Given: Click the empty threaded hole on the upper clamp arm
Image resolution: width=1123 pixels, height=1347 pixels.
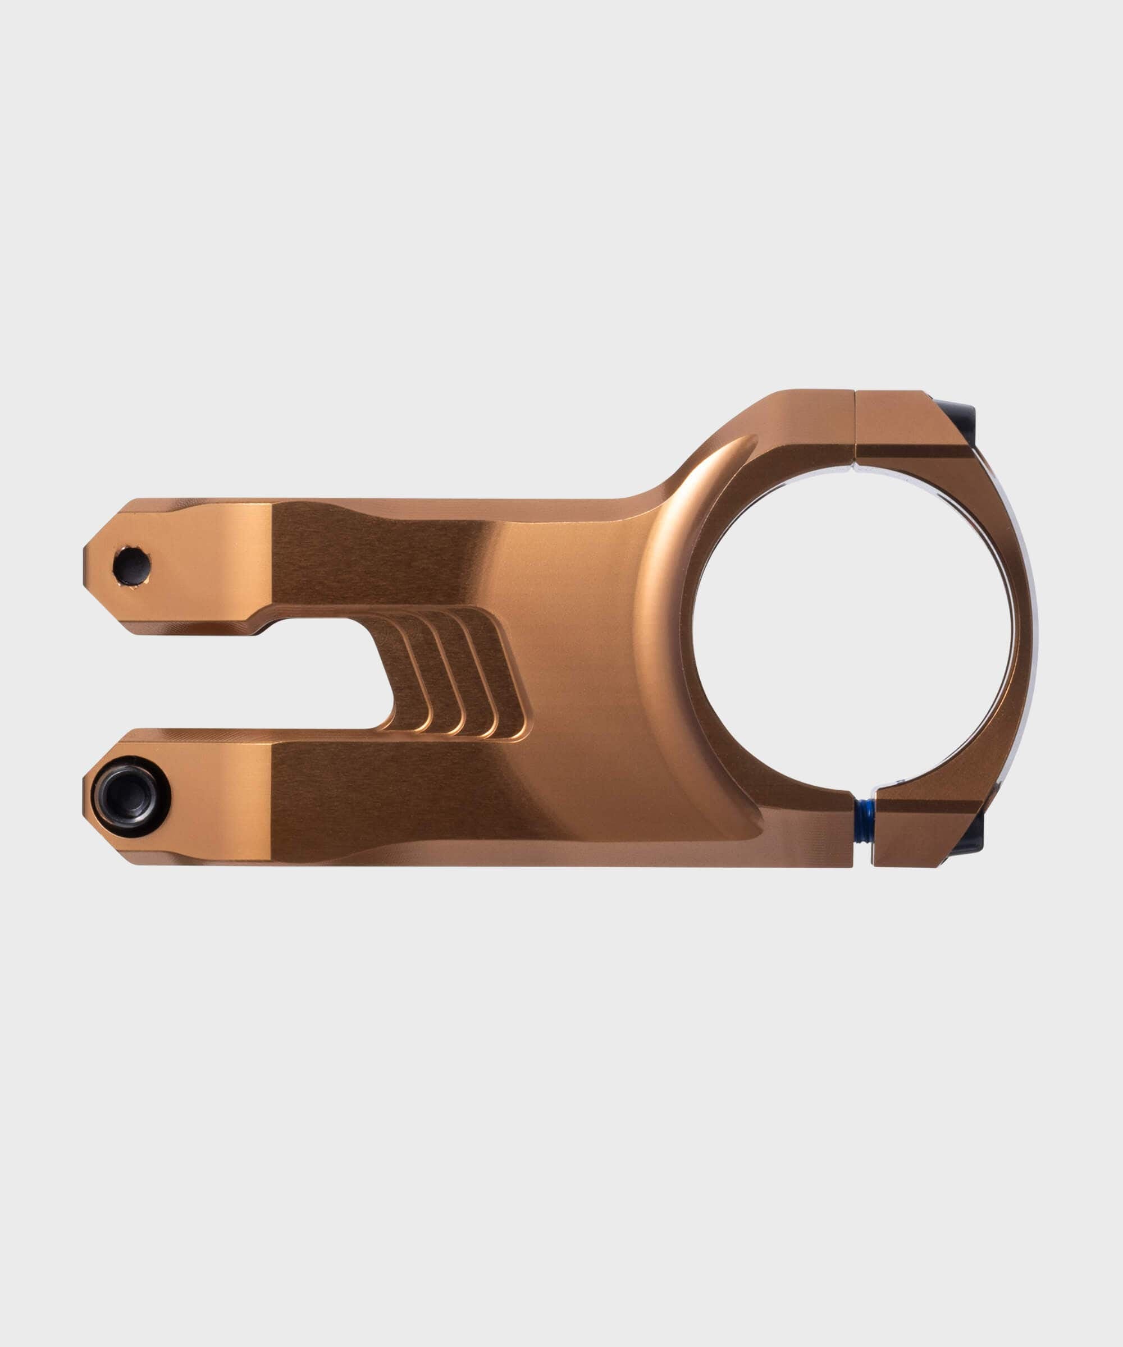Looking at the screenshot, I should tap(131, 566).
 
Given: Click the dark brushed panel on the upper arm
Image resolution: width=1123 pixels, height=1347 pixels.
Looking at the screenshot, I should tap(378, 556).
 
